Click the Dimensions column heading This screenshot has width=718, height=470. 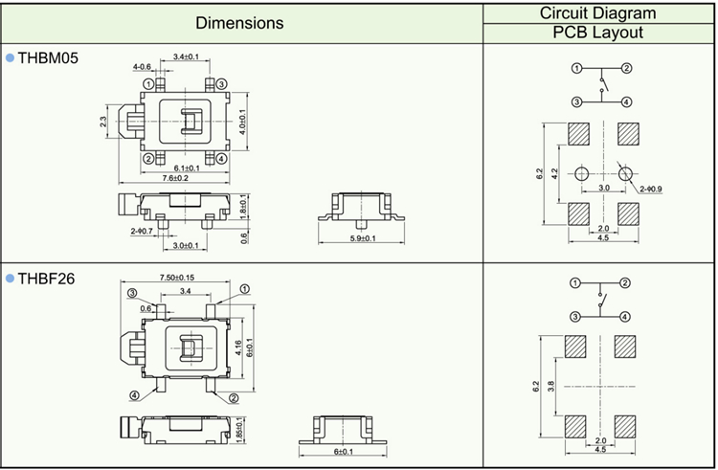click(x=239, y=22)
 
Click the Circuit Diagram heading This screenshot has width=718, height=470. click(x=597, y=12)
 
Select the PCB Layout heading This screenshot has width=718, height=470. click(x=597, y=33)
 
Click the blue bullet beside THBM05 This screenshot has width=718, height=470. click(x=10, y=58)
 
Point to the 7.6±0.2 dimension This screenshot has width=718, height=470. click(x=176, y=178)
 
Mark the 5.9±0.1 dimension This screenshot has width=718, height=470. click(x=362, y=237)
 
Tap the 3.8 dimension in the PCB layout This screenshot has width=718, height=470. click(x=553, y=386)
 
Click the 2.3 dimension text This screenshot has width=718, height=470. click(x=103, y=122)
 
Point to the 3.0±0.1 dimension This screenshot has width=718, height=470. click(x=186, y=246)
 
